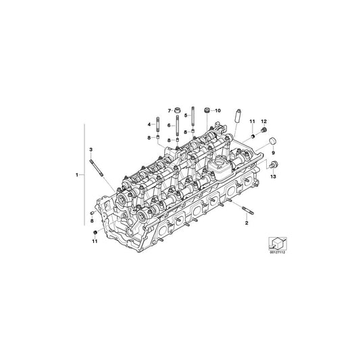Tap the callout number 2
click(246, 222)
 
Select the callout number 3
click(91, 148)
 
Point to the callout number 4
click(150, 125)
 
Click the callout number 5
click(185, 116)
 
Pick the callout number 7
click(170, 109)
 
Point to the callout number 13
click(274, 177)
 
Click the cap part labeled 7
click(177, 110)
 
